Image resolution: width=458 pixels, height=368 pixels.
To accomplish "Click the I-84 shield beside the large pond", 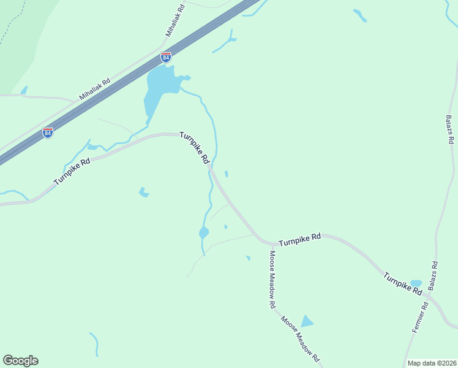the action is coord(166,57).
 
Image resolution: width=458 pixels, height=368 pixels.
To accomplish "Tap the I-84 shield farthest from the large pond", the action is coord(48,132).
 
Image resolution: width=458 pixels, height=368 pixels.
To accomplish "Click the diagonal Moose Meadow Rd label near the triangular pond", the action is coord(301,338).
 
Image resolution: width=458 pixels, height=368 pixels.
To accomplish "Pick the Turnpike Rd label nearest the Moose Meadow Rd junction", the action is coord(300,240).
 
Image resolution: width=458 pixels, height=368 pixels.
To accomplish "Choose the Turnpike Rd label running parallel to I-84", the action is coord(72,172).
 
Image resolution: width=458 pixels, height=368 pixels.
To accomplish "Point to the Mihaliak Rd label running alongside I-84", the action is coord(95,89).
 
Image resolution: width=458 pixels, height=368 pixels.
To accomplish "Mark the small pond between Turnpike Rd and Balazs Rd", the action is coord(416,283).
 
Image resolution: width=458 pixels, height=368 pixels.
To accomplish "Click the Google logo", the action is coord(20,361).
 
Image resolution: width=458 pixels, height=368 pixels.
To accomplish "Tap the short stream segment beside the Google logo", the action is coord(95,343).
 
